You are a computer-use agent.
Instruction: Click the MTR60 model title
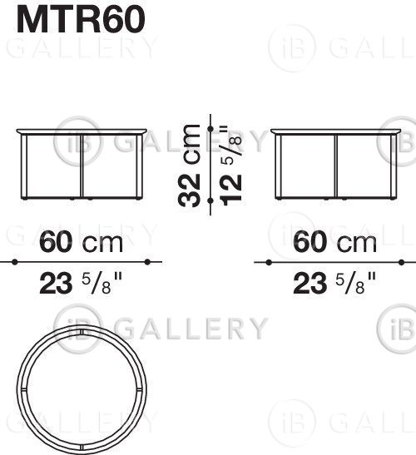point(81,20)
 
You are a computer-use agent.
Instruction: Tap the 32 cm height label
point(189,166)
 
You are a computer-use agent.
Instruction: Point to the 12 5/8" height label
point(231,166)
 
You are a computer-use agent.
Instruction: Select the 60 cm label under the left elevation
point(81,242)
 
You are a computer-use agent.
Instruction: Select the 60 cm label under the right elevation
point(334,242)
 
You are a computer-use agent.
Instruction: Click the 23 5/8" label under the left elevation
point(81,283)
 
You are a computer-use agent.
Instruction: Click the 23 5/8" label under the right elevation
point(334,283)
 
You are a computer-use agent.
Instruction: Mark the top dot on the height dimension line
point(210,129)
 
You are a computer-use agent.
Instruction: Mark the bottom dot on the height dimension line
point(210,200)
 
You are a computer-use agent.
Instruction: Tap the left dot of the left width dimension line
point(15,262)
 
